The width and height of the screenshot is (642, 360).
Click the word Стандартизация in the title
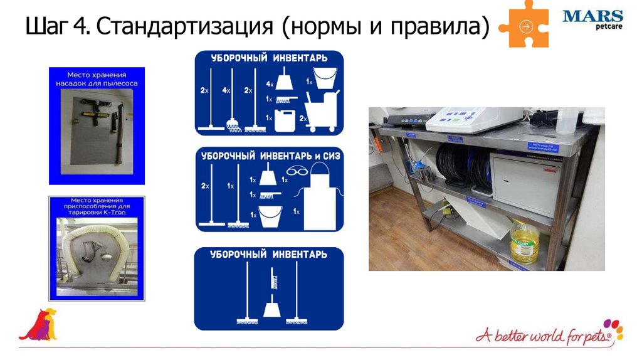coord(186,28)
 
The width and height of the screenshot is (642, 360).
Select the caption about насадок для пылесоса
coord(97,78)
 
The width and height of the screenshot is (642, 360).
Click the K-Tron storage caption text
coord(97,207)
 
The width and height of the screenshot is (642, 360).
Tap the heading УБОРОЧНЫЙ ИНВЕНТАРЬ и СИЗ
coord(270,156)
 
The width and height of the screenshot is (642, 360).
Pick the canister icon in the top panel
coord(283,119)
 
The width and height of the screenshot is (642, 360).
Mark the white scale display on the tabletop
coord(474,117)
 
